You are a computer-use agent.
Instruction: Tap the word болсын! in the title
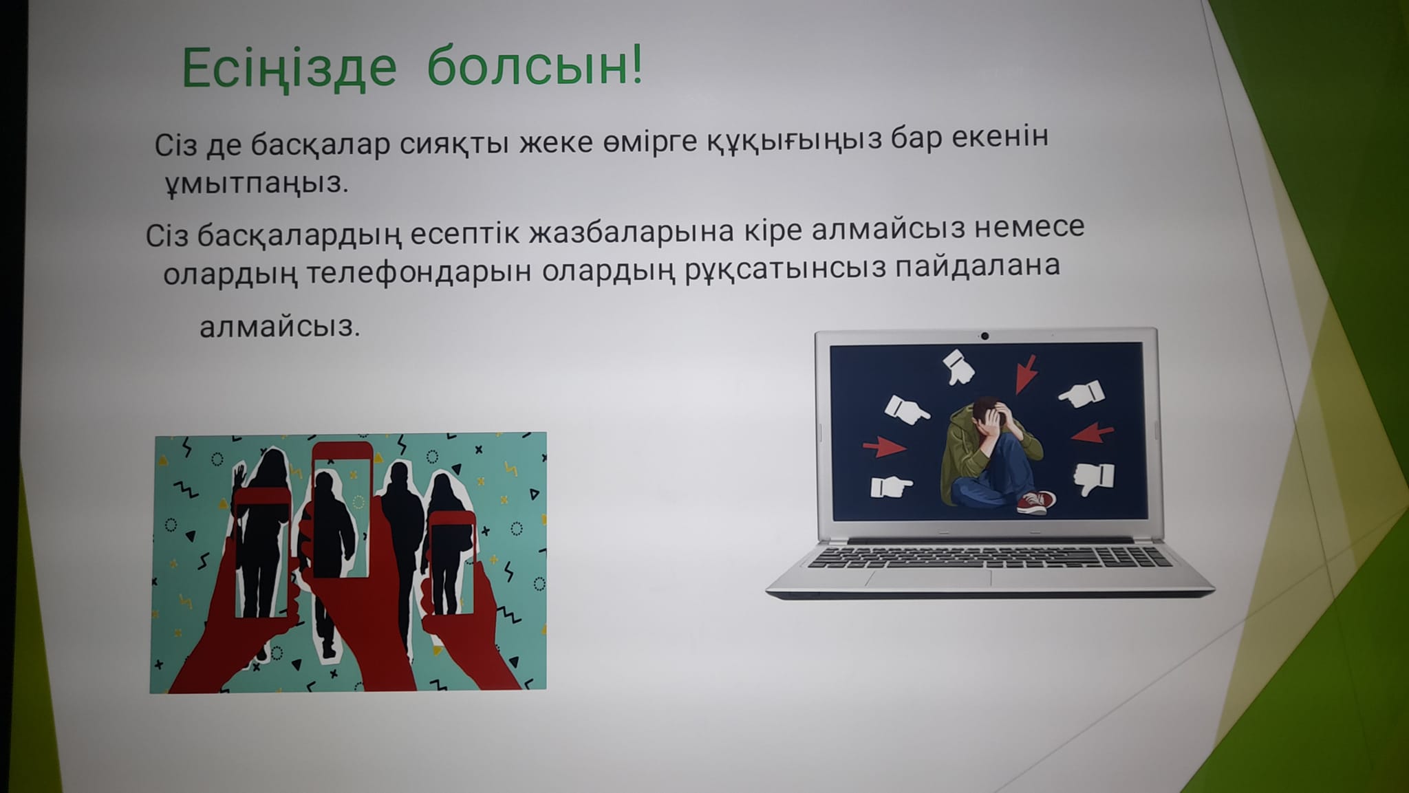(535, 66)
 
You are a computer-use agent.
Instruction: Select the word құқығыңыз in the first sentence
(794, 141)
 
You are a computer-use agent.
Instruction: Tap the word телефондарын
(418, 272)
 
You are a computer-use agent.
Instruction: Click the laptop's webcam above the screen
(985, 336)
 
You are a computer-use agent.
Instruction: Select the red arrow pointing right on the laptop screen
(884, 447)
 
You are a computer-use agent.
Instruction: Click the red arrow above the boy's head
(1026, 373)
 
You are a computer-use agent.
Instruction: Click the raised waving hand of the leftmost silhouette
(239, 474)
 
